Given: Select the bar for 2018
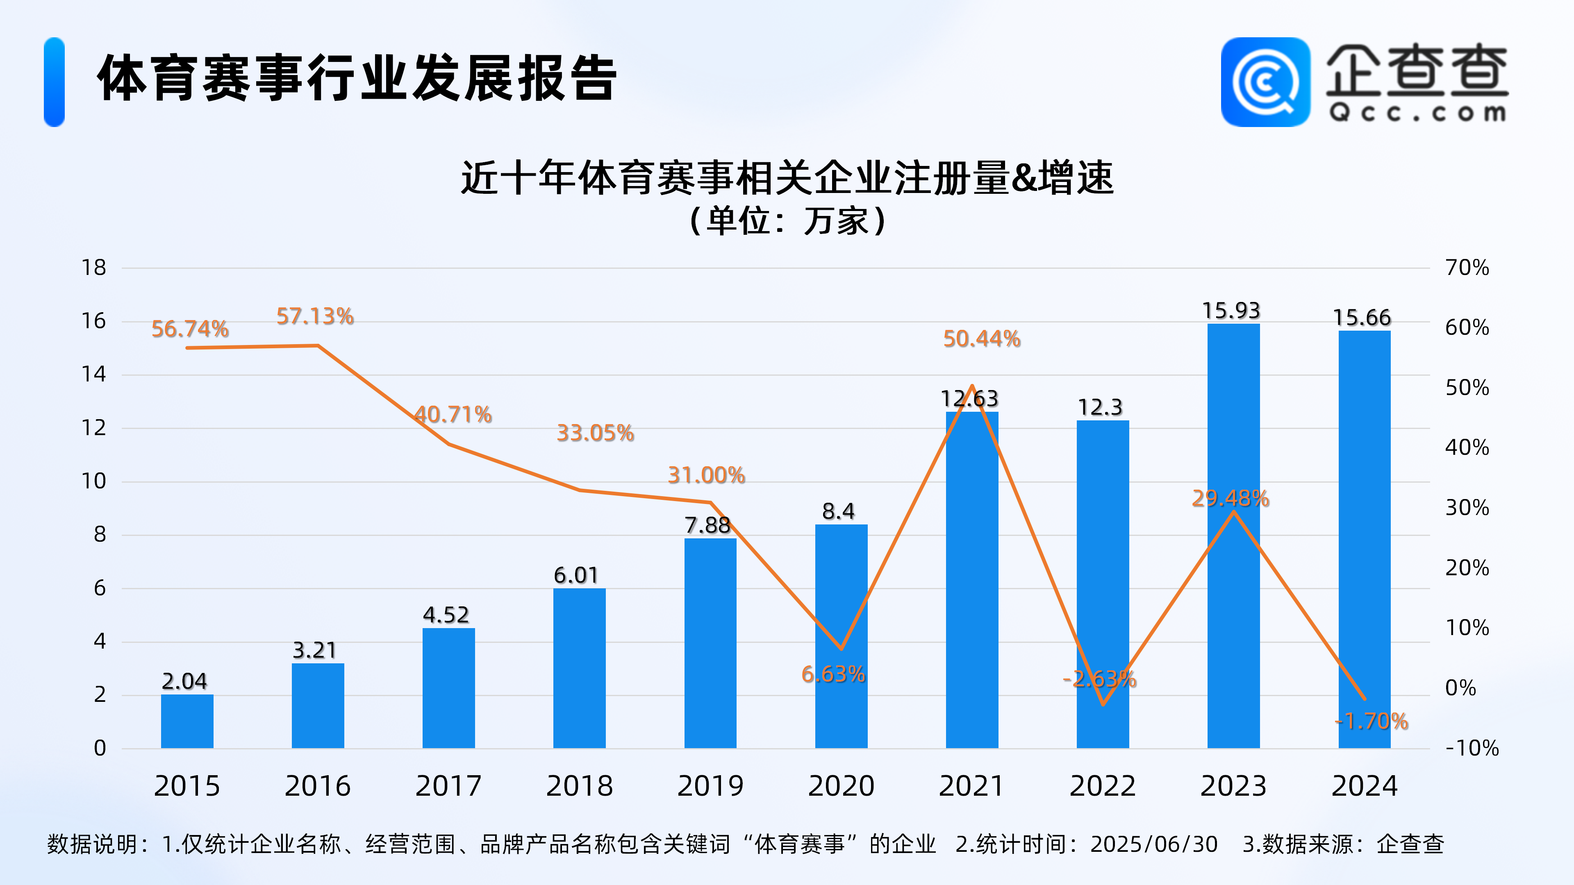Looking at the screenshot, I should [x=579, y=668].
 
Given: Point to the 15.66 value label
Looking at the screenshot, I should [x=1362, y=318].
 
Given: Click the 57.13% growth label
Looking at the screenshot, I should [x=315, y=316].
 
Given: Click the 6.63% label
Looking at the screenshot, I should [x=833, y=674].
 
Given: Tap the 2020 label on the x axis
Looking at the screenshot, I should [x=841, y=786].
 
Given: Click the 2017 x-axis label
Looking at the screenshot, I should [x=448, y=786].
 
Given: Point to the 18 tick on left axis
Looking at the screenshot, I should [x=94, y=268].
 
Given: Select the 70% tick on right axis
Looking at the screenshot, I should [x=1467, y=268].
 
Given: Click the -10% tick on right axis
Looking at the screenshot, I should [x=1472, y=748].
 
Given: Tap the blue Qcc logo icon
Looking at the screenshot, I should [x=1265, y=82].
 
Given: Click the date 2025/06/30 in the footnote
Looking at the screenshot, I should [x=1153, y=844].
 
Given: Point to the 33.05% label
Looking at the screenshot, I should [x=595, y=433].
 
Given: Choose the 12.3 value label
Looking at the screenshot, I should [x=1100, y=407].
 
